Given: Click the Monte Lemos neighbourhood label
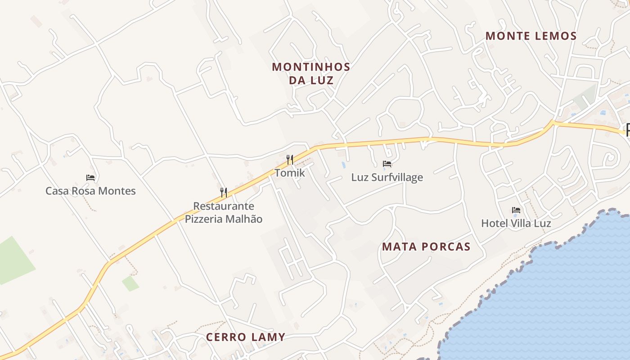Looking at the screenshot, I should click(531, 36).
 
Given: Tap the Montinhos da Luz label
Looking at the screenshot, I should click(311, 74).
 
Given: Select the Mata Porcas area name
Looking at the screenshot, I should click(426, 247).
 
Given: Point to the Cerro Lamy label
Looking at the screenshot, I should click(246, 337).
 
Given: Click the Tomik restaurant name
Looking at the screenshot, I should click(290, 173).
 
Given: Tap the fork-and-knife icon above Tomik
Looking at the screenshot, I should click(290, 159).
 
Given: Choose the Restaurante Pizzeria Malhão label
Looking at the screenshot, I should click(224, 213).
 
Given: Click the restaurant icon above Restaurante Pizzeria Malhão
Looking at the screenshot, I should click(224, 192).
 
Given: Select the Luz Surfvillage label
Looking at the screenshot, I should click(387, 177).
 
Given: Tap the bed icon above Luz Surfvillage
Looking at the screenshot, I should click(387, 164).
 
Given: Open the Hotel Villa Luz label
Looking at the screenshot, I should click(516, 223).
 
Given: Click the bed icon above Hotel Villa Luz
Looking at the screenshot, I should click(516, 210).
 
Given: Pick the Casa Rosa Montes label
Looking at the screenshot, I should click(90, 191).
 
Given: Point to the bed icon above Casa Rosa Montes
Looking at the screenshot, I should click(90, 178).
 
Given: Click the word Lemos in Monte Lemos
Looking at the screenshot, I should click(555, 36).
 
